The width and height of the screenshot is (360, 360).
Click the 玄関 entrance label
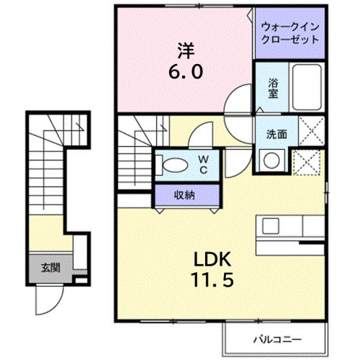point(50,267)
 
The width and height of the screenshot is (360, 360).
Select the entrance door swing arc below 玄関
point(47,302)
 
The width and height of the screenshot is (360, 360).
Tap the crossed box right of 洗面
point(310,133)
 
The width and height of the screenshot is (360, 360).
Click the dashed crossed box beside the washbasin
point(309,163)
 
